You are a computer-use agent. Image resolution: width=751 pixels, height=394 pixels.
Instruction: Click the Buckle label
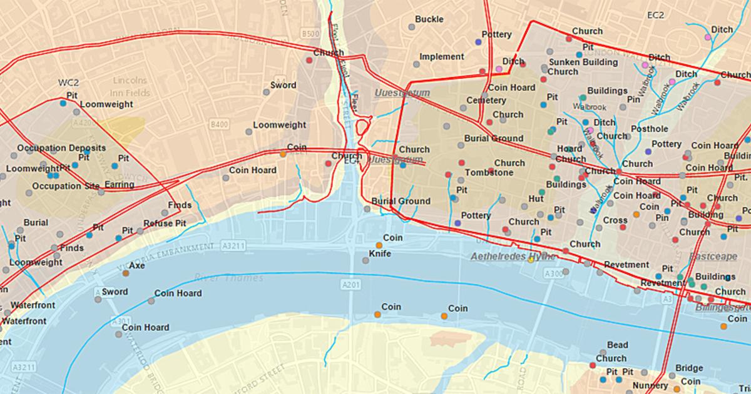coord(429,19)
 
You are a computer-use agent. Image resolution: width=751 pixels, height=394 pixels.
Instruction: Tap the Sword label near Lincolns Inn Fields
coord(283,85)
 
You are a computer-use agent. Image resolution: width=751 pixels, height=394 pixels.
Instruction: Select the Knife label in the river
coord(380,253)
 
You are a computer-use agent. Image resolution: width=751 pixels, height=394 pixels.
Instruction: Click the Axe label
coord(136,265)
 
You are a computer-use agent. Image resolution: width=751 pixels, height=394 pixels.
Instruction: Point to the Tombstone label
coord(485,172)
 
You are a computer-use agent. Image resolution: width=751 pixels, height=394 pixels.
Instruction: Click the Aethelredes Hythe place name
coord(513,257)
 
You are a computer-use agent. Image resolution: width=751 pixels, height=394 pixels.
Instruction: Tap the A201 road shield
coord(352,285)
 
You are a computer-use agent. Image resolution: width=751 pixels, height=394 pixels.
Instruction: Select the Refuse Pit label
coord(165,223)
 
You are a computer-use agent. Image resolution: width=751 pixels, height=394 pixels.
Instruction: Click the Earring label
coord(119,184)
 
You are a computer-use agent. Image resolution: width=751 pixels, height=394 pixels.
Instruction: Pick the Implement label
coord(441,56)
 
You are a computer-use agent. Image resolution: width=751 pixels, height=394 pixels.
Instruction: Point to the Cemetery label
coord(486,100)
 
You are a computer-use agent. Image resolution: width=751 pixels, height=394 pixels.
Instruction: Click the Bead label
coord(617,345)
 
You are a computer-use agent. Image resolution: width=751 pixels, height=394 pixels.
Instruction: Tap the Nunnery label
coord(650,386)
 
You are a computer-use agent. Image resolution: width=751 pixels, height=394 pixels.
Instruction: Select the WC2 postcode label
coord(69,82)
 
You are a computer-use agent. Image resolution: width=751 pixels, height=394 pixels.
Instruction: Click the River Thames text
coord(228,277)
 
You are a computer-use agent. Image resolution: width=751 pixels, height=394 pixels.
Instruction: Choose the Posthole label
coord(649,129)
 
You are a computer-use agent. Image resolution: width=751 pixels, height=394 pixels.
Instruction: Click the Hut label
coord(536,198)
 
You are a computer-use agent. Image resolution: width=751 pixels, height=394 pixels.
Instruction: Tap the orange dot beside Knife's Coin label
coord(379,245)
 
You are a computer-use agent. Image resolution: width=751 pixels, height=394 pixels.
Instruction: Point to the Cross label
coord(615,220)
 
